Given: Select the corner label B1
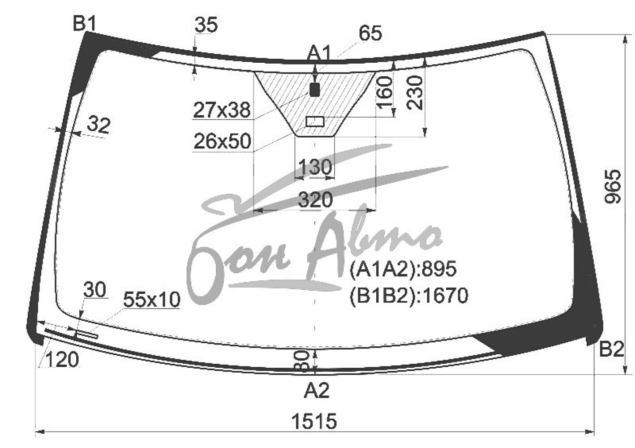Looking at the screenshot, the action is click(85, 23).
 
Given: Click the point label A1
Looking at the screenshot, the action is click(319, 53).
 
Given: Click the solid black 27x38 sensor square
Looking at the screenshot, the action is click(315, 90).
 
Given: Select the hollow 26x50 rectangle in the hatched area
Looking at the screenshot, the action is click(315, 122).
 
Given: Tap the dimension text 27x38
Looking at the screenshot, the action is click(222, 110).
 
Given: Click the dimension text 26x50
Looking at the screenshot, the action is click(222, 141).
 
